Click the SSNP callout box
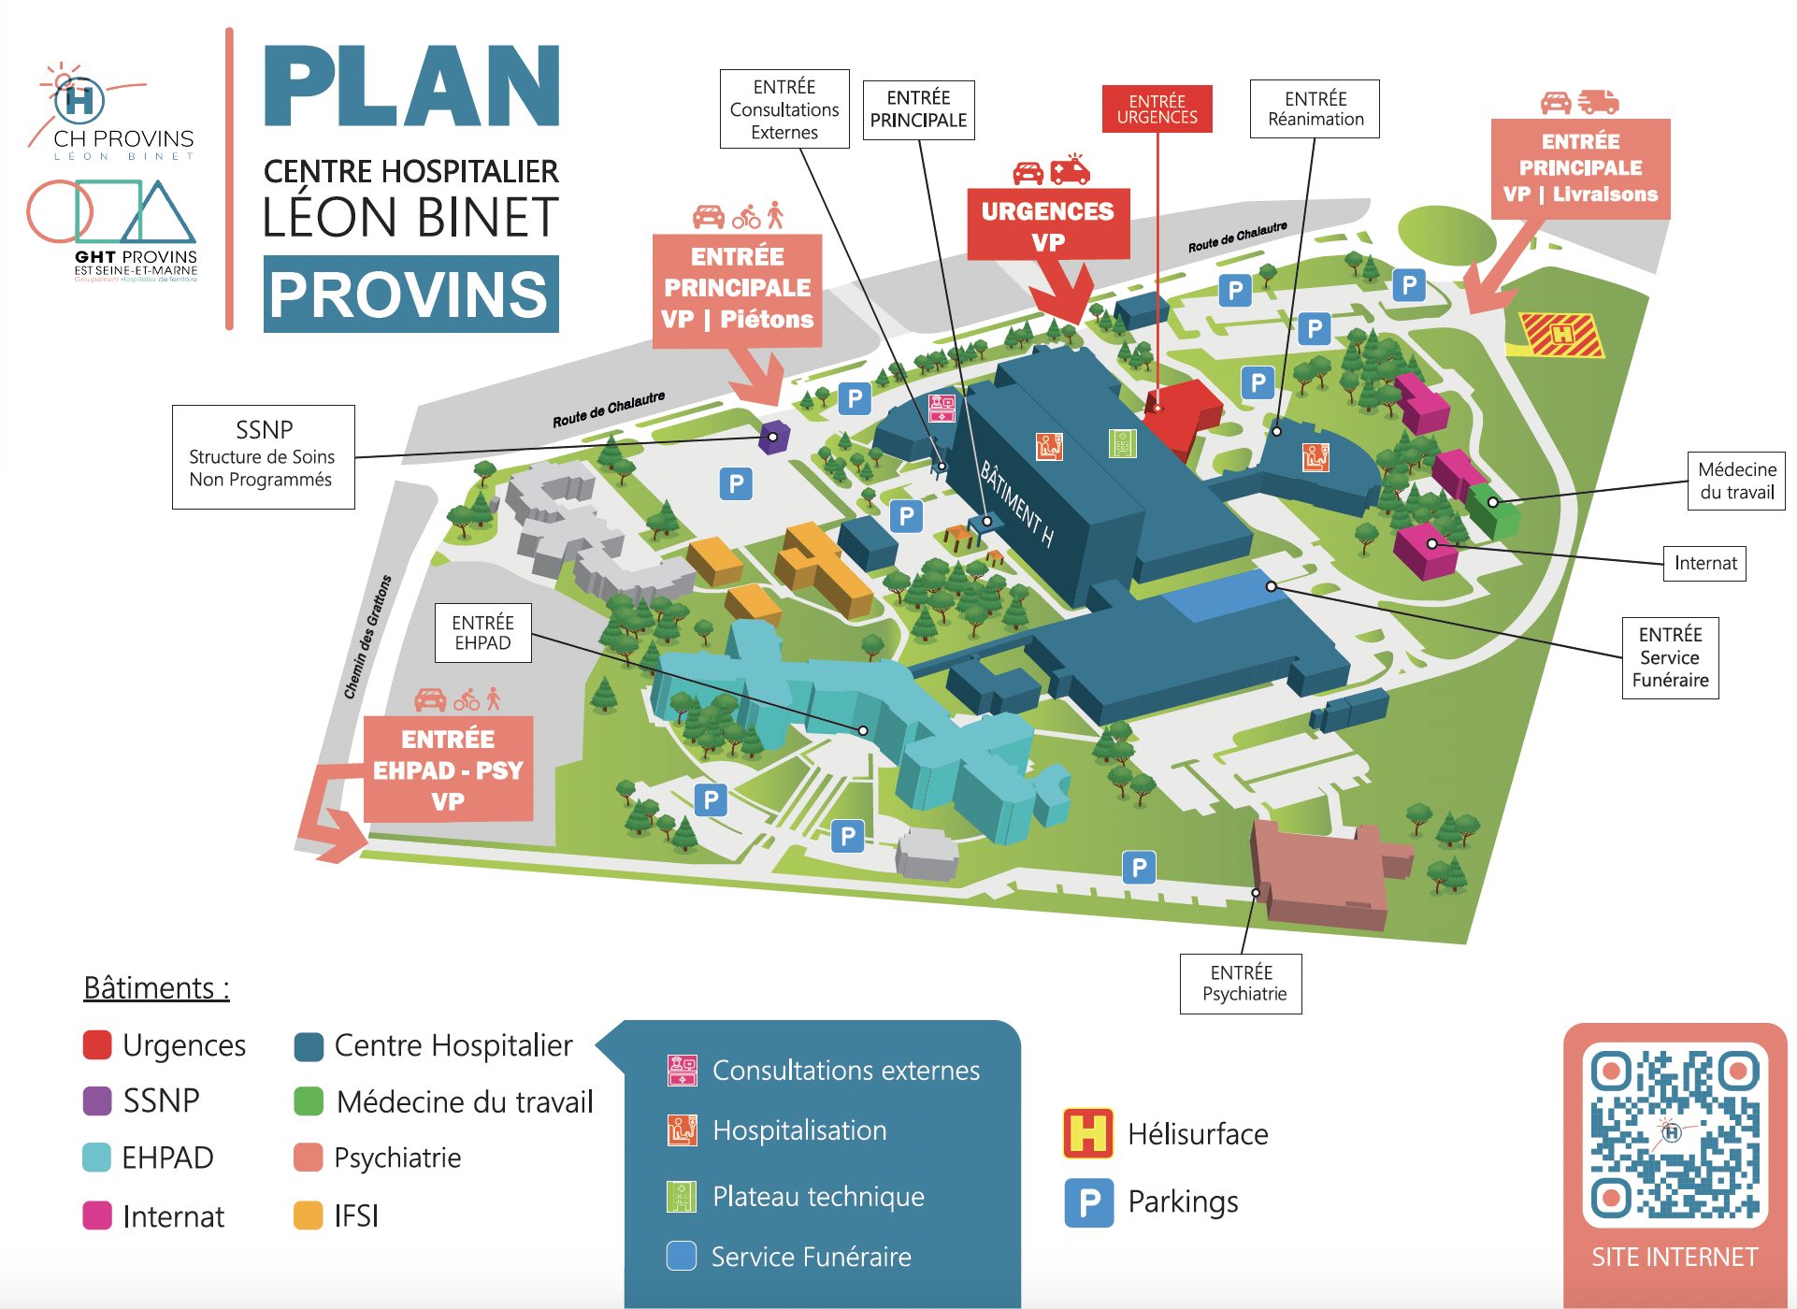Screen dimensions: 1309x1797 [x=263, y=456]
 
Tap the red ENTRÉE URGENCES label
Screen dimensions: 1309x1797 [x=1157, y=108]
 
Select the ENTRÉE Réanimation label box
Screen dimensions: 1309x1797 [x=1315, y=108]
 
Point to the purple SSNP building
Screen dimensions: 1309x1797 [x=773, y=437]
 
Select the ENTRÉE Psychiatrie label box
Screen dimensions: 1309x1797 [x=1241, y=983]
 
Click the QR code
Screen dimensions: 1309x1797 [x=1675, y=1134]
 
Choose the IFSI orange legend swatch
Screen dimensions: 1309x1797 [x=308, y=1215]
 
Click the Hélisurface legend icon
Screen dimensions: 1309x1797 [x=1087, y=1132]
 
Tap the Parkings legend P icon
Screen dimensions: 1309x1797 [x=1088, y=1202]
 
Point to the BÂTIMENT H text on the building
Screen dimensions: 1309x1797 [x=1017, y=504]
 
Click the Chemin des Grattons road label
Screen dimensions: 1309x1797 [x=367, y=637]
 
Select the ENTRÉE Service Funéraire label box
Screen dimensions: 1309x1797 [x=1670, y=656]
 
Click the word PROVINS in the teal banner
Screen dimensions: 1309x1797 [x=410, y=295]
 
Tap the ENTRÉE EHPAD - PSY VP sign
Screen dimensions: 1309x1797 [x=448, y=769]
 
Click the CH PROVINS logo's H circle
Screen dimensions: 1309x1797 [x=79, y=99]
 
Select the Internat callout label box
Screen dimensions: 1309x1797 [x=1704, y=563]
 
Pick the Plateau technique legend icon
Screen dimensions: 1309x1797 [x=682, y=1196]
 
